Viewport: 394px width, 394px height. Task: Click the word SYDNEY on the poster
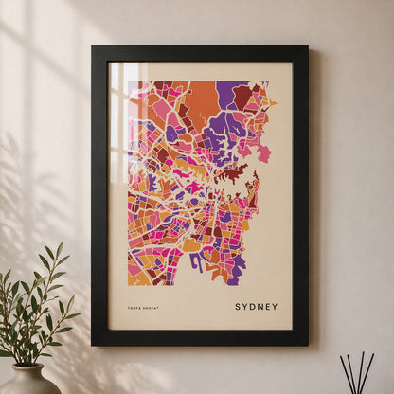point(256,307)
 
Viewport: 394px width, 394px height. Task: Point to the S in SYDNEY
point(238,307)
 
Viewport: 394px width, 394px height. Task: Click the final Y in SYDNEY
point(275,307)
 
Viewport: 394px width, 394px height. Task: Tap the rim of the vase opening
point(28,367)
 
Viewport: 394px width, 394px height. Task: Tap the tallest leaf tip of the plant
point(59,244)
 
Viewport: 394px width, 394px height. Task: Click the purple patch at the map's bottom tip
point(232,280)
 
